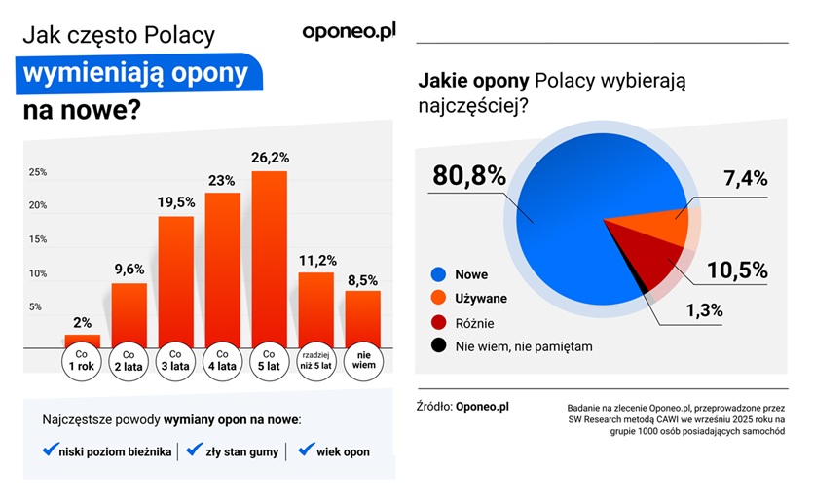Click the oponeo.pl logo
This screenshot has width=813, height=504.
(x=350, y=30)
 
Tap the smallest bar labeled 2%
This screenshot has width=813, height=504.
(x=83, y=341)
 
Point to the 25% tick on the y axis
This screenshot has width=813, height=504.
(x=37, y=172)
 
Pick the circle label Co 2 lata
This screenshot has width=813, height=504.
(x=129, y=360)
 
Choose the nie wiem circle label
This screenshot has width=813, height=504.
(x=363, y=360)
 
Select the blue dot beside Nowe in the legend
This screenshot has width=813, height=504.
(x=439, y=274)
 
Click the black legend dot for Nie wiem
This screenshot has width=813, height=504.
(x=439, y=344)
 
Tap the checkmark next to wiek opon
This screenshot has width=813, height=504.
(x=306, y=450)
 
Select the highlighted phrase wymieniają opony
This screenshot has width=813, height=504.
(x=135, y=75)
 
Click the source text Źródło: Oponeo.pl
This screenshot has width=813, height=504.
(x=462, y=406)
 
